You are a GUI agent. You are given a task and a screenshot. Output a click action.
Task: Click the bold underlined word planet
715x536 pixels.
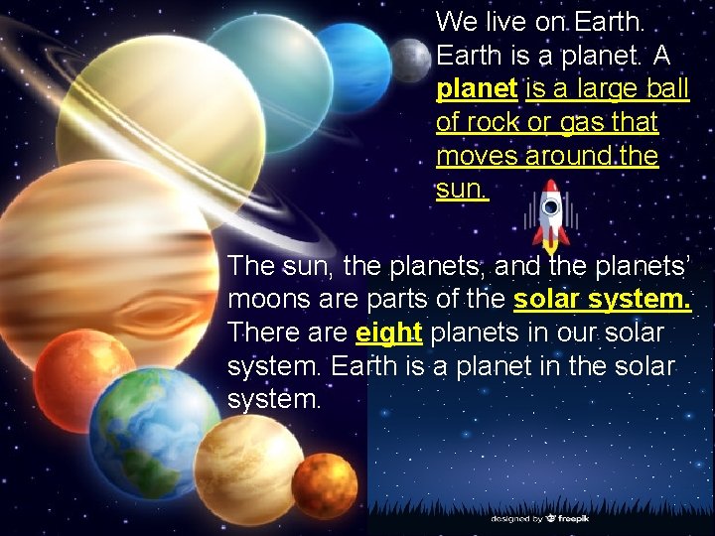(x=477, y=88)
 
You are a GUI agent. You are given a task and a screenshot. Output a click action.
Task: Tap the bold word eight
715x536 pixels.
(x=389, y=333)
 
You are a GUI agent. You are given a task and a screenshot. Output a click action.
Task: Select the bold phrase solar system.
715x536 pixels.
(x=602, y=299)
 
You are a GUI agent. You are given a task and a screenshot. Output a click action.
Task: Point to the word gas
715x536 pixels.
(x=581, y=123)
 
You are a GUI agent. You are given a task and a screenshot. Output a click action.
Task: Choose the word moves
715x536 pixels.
(x=474, y=157)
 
